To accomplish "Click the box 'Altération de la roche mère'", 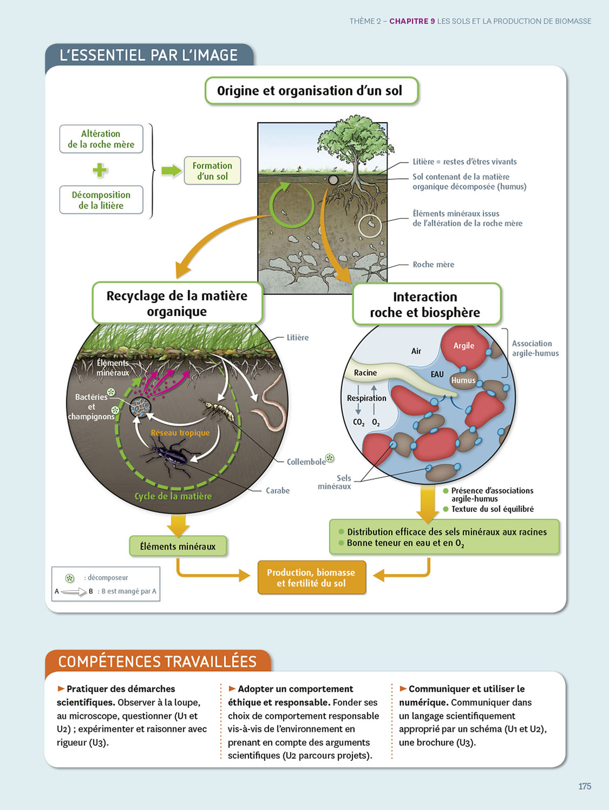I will coord(101,139).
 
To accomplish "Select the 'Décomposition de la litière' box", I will coord(101,200).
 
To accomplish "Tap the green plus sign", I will coord(100,170).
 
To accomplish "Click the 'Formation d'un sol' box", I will coord(212,171).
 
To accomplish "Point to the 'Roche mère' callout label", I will coord(433,265).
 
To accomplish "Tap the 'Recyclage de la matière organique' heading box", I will coord(177,303).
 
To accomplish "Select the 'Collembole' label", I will coord(306,462).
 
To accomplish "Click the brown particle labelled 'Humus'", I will coord(463,380).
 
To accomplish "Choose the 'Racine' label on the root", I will coord(366,373).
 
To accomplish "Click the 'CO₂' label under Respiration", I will coord(358,422).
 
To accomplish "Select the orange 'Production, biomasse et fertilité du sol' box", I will coord(311,578).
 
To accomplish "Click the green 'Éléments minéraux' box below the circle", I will coord(178,546).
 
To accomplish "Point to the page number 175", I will coord(585,786).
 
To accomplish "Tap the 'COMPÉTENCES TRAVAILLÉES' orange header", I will coord(157,661).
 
